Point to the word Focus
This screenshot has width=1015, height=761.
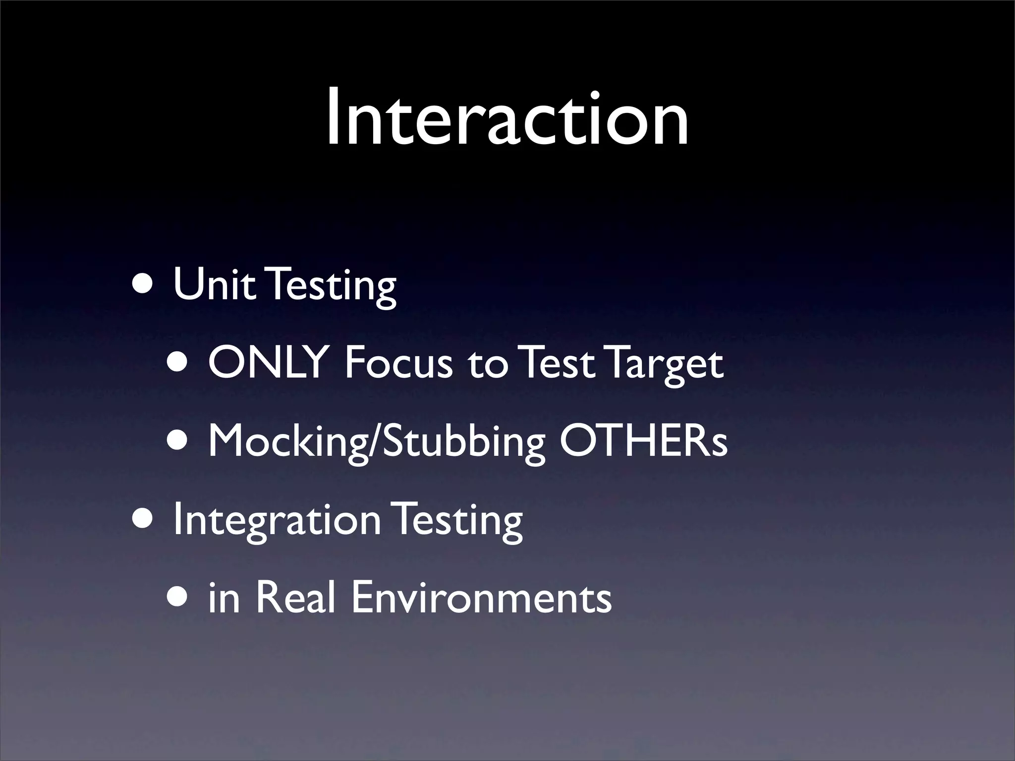[x=398, y=363]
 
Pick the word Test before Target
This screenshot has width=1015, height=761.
[x=558, y=363]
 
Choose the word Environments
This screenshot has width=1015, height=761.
[x=481, y=598]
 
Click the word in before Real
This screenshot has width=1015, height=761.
[x=224, y=598]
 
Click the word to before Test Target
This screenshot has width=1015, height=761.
[x=488, y=365]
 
